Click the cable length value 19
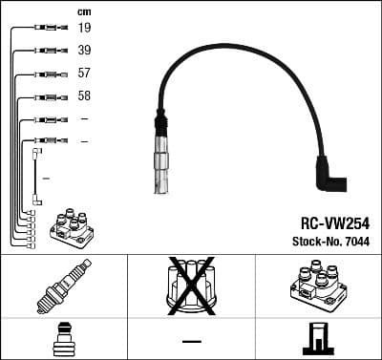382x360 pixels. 85,29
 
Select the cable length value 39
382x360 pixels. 85,51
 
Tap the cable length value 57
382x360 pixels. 85,74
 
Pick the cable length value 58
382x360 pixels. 85,96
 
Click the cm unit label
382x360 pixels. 84,11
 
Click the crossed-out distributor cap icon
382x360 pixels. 191,286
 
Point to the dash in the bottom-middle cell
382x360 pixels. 191,340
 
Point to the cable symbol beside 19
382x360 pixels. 46,29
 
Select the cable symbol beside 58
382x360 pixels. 46,96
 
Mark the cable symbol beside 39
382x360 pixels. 46,51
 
